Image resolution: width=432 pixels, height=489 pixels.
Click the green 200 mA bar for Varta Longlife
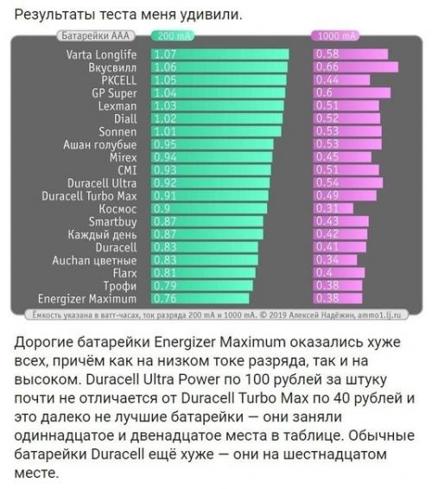pos(219,54)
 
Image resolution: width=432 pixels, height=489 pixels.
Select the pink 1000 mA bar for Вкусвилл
pos(354,67)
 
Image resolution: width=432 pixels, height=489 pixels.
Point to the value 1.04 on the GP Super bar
pos(164,92)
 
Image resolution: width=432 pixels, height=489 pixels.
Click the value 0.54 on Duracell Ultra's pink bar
pos(327,183)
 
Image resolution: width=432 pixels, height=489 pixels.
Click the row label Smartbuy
pos(120,222)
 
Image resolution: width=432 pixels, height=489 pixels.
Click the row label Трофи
pos(130,286)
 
